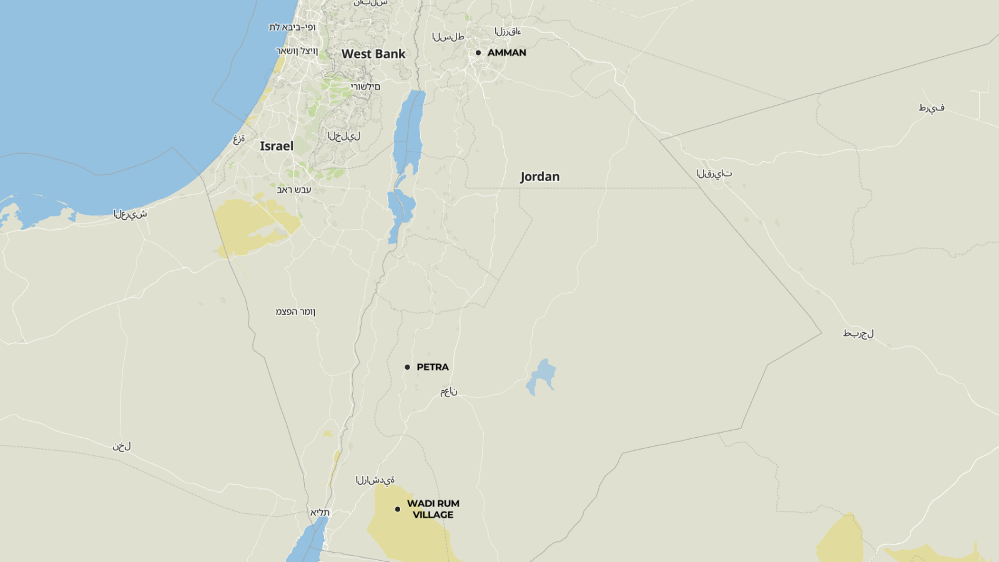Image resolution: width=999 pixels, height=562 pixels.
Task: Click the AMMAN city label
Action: coord(506,53)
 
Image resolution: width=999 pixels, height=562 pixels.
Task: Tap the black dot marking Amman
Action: coord(478,53)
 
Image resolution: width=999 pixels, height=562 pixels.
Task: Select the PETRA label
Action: coord(433,367)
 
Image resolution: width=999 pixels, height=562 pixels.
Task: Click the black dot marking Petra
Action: coord(407,367)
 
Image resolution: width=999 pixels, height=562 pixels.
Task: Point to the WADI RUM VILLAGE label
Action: coord(433,509)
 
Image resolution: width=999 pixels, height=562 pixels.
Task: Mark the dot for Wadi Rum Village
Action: coord(397,509)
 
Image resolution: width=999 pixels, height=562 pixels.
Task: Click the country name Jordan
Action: coord(540,177)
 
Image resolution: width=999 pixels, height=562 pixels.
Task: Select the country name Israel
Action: coord(277,146)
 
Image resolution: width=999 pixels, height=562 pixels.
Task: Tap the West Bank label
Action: coord(373,54)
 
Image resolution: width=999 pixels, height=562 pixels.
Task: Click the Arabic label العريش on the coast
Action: coord(130,214)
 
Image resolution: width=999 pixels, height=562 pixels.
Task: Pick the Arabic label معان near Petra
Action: coord(449,392)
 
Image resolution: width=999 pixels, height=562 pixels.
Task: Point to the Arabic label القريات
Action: coord(714,174)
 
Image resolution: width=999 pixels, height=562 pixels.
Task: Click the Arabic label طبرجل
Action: coord(859,333)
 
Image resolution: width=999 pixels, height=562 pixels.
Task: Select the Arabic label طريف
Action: coord(932,108)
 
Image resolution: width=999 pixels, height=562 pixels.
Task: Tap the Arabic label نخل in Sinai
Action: coord(122,446)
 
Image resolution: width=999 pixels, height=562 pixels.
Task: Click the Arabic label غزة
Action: coord(239,139)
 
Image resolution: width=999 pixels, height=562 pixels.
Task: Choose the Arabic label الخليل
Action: coord(344,136)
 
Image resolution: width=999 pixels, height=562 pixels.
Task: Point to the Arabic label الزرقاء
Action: coord(508,31)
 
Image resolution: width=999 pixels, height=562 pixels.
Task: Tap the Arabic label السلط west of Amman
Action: coord(448,37)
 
